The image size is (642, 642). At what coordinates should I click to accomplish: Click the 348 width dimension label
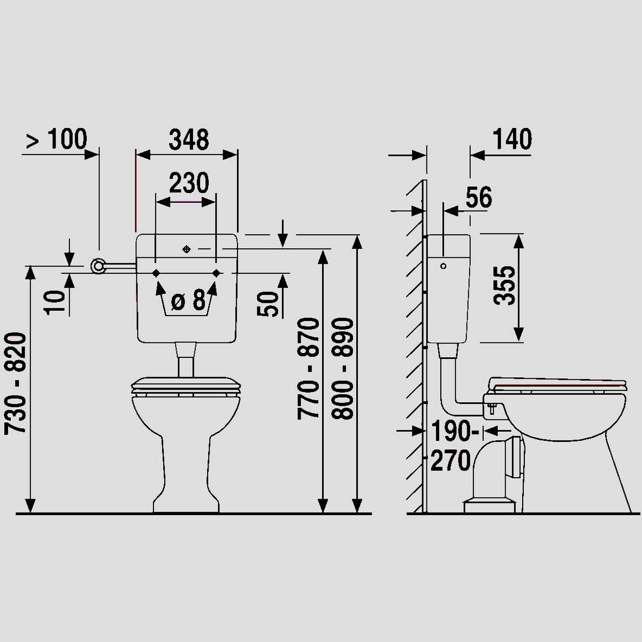(189, 140)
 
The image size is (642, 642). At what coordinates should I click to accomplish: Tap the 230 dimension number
(189, 183)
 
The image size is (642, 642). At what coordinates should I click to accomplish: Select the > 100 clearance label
(57, 139)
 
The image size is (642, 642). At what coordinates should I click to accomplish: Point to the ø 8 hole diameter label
(188, 300)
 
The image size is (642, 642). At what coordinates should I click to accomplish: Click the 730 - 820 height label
(16, 383)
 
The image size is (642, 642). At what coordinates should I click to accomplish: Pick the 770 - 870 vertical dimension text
(308, 369)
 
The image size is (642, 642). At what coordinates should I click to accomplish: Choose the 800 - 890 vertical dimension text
(342, 369)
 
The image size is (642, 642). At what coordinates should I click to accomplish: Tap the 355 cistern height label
(504, 286)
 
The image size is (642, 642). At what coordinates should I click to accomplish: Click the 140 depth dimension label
(513, 139)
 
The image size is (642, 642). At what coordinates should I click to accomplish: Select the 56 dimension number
(479, 197)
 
